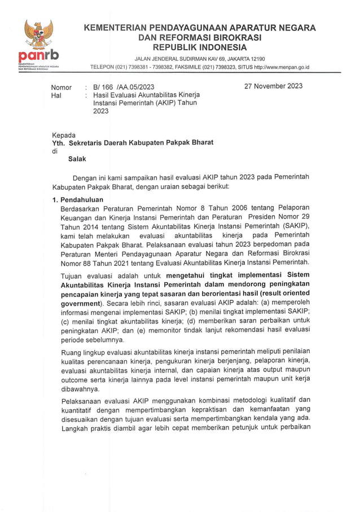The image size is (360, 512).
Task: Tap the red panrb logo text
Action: [38, 57]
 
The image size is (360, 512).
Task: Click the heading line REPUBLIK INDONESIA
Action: [200, 47]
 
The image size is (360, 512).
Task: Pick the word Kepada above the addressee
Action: [64, 135]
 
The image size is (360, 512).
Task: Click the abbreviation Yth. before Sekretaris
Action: [59, 143]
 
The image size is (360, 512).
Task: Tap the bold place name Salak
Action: [77, 159]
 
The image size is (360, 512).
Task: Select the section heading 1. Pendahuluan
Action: [77, 200]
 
